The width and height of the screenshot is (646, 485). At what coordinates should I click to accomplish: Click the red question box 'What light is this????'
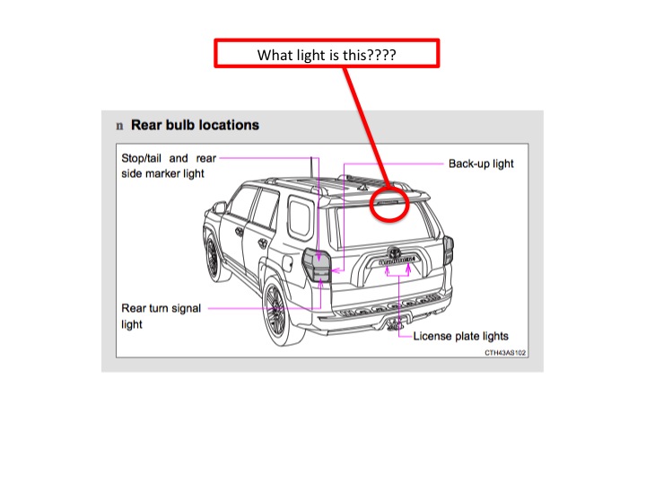click(x=327, y=53)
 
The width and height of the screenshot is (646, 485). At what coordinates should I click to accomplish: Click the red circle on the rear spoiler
click(x=371, y=205)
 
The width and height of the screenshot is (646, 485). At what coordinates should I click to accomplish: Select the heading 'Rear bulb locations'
click(x=195, y=125)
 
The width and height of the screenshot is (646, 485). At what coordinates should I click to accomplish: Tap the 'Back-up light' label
click(x=481, y=163)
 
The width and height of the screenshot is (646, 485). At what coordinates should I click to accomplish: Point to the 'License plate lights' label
click(x=460, y=336)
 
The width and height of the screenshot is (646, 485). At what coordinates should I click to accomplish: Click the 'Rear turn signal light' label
click(x=161, y=316)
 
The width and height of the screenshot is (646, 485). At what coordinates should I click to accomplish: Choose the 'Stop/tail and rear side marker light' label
click(x=169, y=166)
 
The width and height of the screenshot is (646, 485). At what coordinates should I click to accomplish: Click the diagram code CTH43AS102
click(x=505, y=353)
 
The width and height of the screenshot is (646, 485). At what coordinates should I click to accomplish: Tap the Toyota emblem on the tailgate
click(x=394, y=251)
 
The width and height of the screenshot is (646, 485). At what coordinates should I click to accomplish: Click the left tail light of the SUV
click(x=318, y=265)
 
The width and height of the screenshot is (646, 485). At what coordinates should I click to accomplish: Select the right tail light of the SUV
click(x=449, y=250)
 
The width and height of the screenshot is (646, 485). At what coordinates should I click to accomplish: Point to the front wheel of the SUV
click(x=213, y=259)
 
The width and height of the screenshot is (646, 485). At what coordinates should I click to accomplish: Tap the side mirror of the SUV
click(x=218, y=207)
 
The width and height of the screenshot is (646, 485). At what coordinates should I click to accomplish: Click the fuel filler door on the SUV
click(x=287, y=262)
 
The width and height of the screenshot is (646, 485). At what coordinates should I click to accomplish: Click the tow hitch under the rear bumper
click(x=396, y=324)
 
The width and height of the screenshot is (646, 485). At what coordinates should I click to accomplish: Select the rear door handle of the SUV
click(x=262, y=243)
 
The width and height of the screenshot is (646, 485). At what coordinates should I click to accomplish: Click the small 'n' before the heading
click(x=119, y=126)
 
